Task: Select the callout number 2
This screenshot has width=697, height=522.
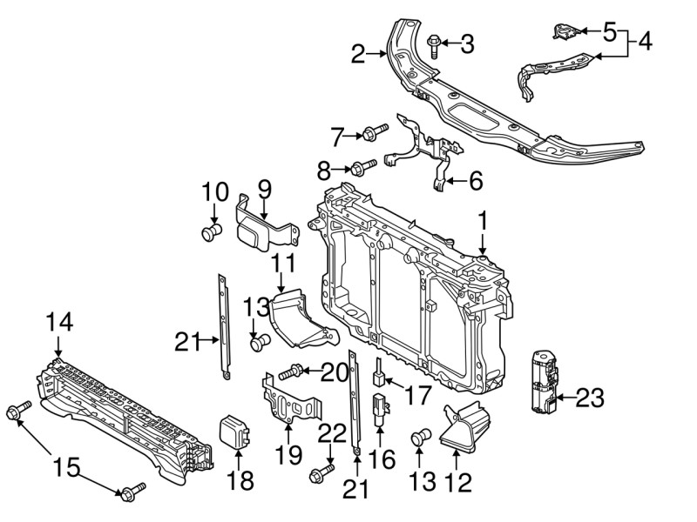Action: [x=358, y=55]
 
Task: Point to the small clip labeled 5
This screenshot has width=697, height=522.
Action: [x=563, y=33]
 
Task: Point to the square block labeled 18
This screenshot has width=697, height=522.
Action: [x=234, y=432]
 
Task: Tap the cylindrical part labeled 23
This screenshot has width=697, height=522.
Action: [x=541, y=380]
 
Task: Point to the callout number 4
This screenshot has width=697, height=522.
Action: [x=644, y=41]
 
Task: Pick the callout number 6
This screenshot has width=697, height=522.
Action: [x=475, y=181]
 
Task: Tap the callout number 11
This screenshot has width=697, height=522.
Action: [x=284, y=263]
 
